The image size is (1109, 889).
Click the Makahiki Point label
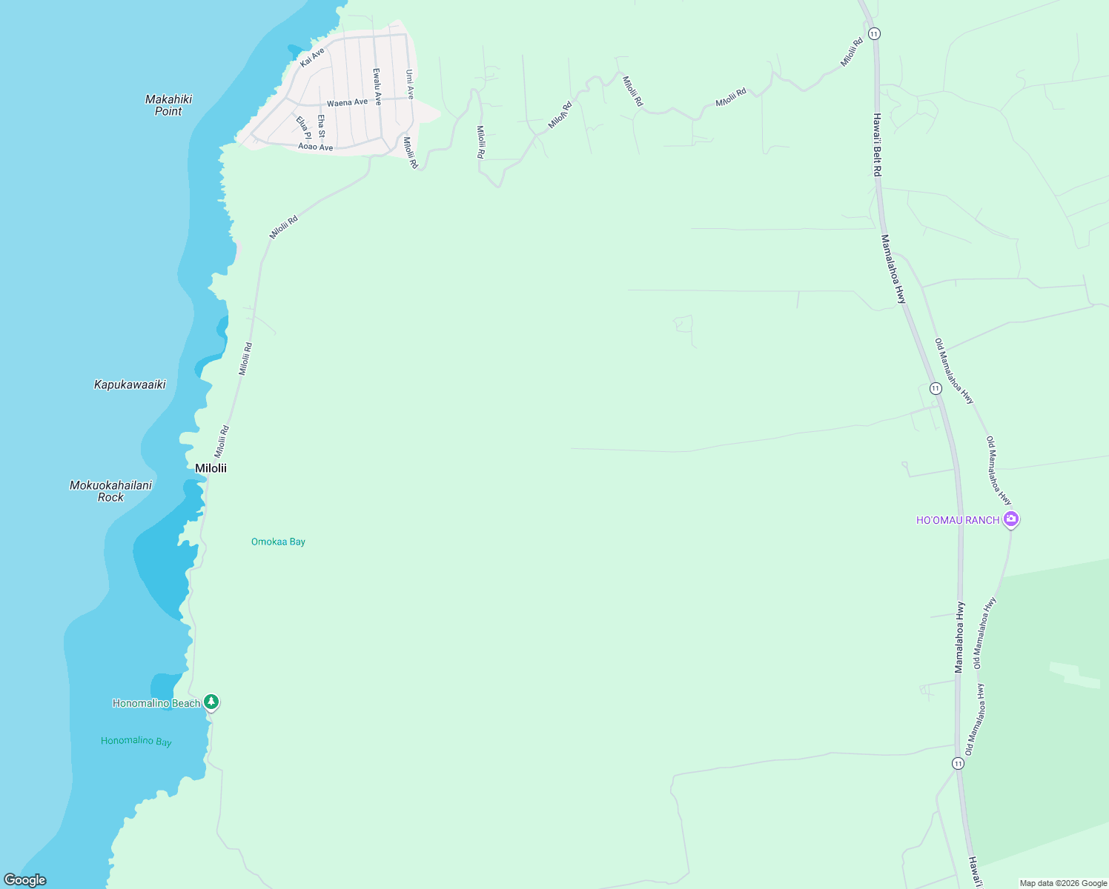(168, 105)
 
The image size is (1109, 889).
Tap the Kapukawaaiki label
(130, 384)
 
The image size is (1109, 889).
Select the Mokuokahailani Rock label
(110, 491)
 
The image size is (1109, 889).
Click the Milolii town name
(211, 468)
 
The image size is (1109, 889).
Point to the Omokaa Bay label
(278, 542)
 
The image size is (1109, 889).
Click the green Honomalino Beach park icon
(211, 702)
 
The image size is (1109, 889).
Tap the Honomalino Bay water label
(136, 741)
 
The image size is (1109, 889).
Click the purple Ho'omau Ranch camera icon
(1011, 519)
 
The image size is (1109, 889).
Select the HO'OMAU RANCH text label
(958, 520)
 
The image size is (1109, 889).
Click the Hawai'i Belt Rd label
(877, 144)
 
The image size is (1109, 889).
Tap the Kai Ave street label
(312, 58)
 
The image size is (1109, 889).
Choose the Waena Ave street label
(347, 102)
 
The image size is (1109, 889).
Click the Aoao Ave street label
(316, 147)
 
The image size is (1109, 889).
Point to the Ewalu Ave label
(377, 87)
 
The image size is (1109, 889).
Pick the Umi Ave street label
(409, 84)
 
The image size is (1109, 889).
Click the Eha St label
(321, 126)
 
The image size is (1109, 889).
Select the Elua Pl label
(303, 127)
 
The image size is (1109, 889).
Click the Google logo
(25, 879)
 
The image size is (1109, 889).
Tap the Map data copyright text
(1063, 883)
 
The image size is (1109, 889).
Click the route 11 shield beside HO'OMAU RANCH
(936, 388)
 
